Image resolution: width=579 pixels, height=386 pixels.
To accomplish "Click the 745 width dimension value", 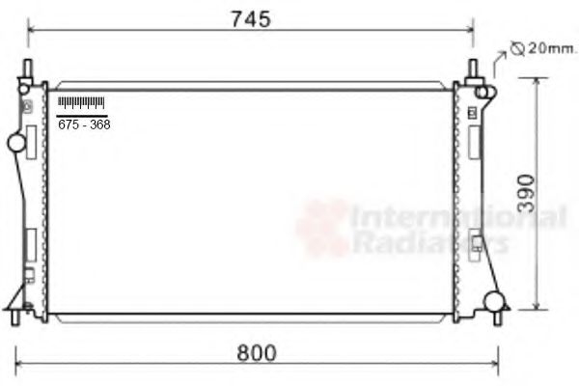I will click(251, 18).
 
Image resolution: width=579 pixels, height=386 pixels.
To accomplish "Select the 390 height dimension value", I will click(549, 193).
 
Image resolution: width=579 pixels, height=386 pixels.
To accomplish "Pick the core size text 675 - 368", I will click(83, 124).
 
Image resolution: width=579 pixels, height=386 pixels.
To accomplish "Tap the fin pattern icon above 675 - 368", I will click(81, 102).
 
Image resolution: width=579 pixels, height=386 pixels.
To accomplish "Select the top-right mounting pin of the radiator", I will click(473, 70).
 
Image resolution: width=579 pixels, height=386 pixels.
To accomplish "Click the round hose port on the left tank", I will click(16, 144).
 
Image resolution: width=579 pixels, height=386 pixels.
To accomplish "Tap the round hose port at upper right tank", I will click(485, 92).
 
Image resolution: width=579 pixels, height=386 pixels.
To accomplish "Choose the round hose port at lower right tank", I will click(495, 300).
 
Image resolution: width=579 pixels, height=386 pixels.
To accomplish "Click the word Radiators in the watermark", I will click(429, 242).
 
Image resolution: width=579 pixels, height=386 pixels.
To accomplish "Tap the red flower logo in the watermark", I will click(322, 228).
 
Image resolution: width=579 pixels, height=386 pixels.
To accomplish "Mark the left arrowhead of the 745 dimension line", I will click(32, 32).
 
